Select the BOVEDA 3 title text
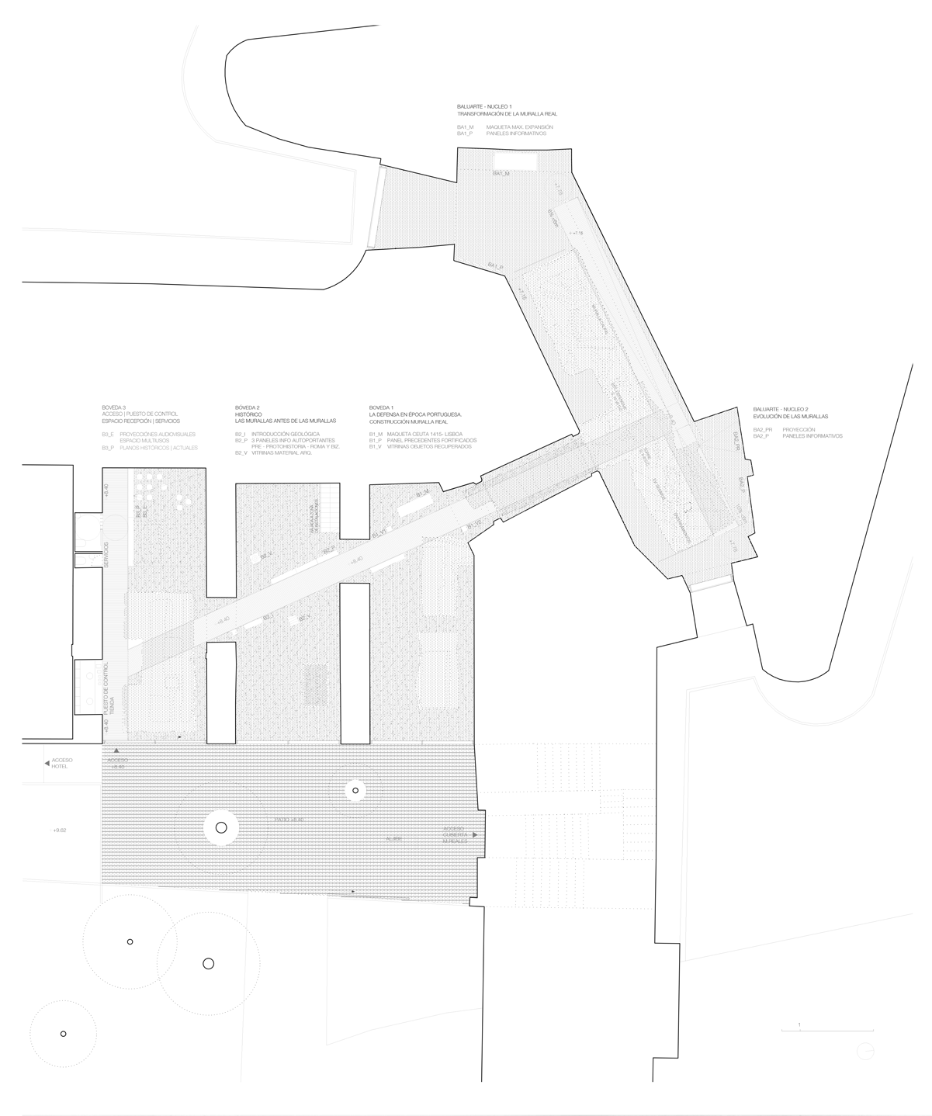click(x=113, y=407)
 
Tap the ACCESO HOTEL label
click(x=61, y=763)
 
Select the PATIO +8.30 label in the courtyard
click(x=287, y=820)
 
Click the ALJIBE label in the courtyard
click(x=396, y=839)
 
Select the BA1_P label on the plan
click(x=496, y=267)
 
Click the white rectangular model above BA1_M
click(x=515, y=159)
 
